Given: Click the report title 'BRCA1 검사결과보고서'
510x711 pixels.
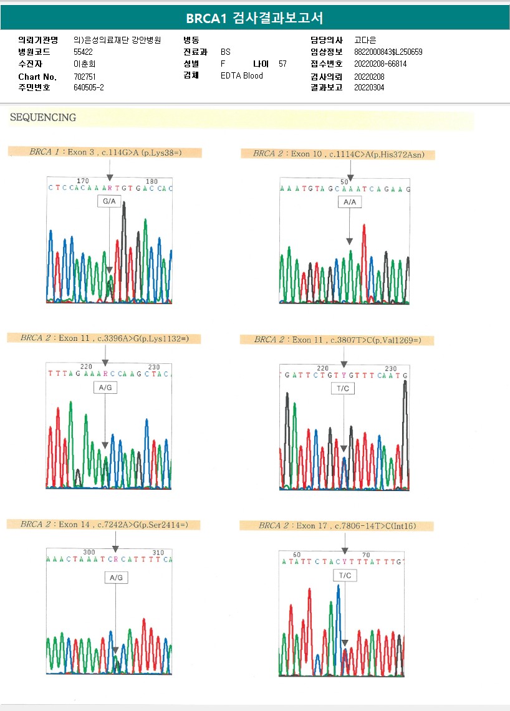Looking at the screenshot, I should coord(254,18).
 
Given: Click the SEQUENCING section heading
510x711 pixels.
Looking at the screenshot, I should coord(43,117).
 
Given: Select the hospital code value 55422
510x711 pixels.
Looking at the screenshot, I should coord(83,52).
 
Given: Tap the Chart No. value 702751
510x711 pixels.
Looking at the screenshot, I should coord(84,76).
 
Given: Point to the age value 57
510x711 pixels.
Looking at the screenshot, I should coord(282,64).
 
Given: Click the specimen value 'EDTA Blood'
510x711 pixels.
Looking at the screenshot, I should coord(242,75).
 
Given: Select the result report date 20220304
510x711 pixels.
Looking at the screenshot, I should coord(369,88).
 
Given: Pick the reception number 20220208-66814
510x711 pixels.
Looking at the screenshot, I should coord(380,64).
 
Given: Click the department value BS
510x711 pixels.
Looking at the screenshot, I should coord(226,52).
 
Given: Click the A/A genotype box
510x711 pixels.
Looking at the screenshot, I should coord(349,202).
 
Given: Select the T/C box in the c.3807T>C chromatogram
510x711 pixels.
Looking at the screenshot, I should coord(344,388).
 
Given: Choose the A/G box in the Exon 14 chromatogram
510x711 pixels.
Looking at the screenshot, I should coord(116,578).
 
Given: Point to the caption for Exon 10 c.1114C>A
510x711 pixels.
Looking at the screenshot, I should coord(339,154).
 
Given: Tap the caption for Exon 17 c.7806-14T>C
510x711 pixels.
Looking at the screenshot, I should coord(337,526).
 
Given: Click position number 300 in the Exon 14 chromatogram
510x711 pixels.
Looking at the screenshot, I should coord(89,552).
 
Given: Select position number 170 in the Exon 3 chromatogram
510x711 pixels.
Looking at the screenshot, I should coord(82,181).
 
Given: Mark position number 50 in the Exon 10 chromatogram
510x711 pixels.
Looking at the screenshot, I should coord(344,182).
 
